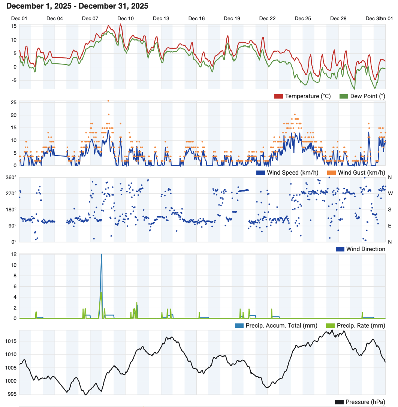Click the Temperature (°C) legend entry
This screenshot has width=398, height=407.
303,96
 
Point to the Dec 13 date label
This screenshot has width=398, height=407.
161,19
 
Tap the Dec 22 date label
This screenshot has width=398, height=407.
268,19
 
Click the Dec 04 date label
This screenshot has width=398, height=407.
55,19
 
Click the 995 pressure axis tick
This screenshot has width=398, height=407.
12,394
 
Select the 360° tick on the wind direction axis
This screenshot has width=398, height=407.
11,178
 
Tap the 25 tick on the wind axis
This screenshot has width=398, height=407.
13,102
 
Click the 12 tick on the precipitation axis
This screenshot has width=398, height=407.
13,254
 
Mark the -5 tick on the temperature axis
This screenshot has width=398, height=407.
13,80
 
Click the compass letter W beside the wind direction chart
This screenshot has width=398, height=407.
390,193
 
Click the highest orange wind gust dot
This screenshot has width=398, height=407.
108,101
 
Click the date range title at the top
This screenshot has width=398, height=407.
78,6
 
